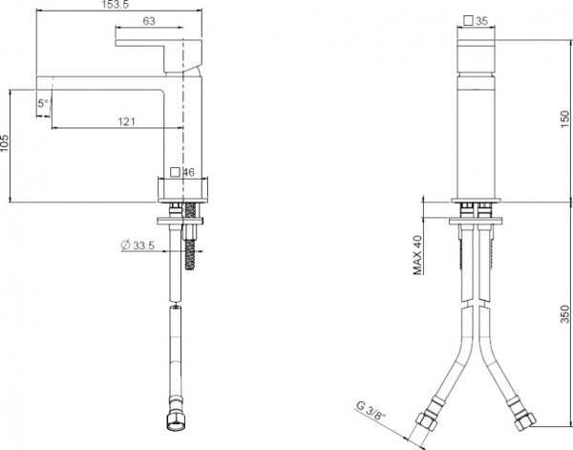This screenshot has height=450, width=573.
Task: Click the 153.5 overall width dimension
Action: point(116,5)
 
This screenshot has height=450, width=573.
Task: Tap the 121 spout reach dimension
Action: point(126,120)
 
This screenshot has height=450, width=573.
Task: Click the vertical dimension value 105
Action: point(5,144)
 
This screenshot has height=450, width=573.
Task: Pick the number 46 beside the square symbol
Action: point(188,173)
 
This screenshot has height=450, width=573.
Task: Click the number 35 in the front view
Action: point(481,19)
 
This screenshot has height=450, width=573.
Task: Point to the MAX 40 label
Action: point(418,256)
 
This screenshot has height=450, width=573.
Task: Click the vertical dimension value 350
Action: point(565,312)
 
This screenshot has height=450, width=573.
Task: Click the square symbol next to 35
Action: point(466,19)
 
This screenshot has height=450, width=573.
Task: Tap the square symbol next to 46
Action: point(174,173)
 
